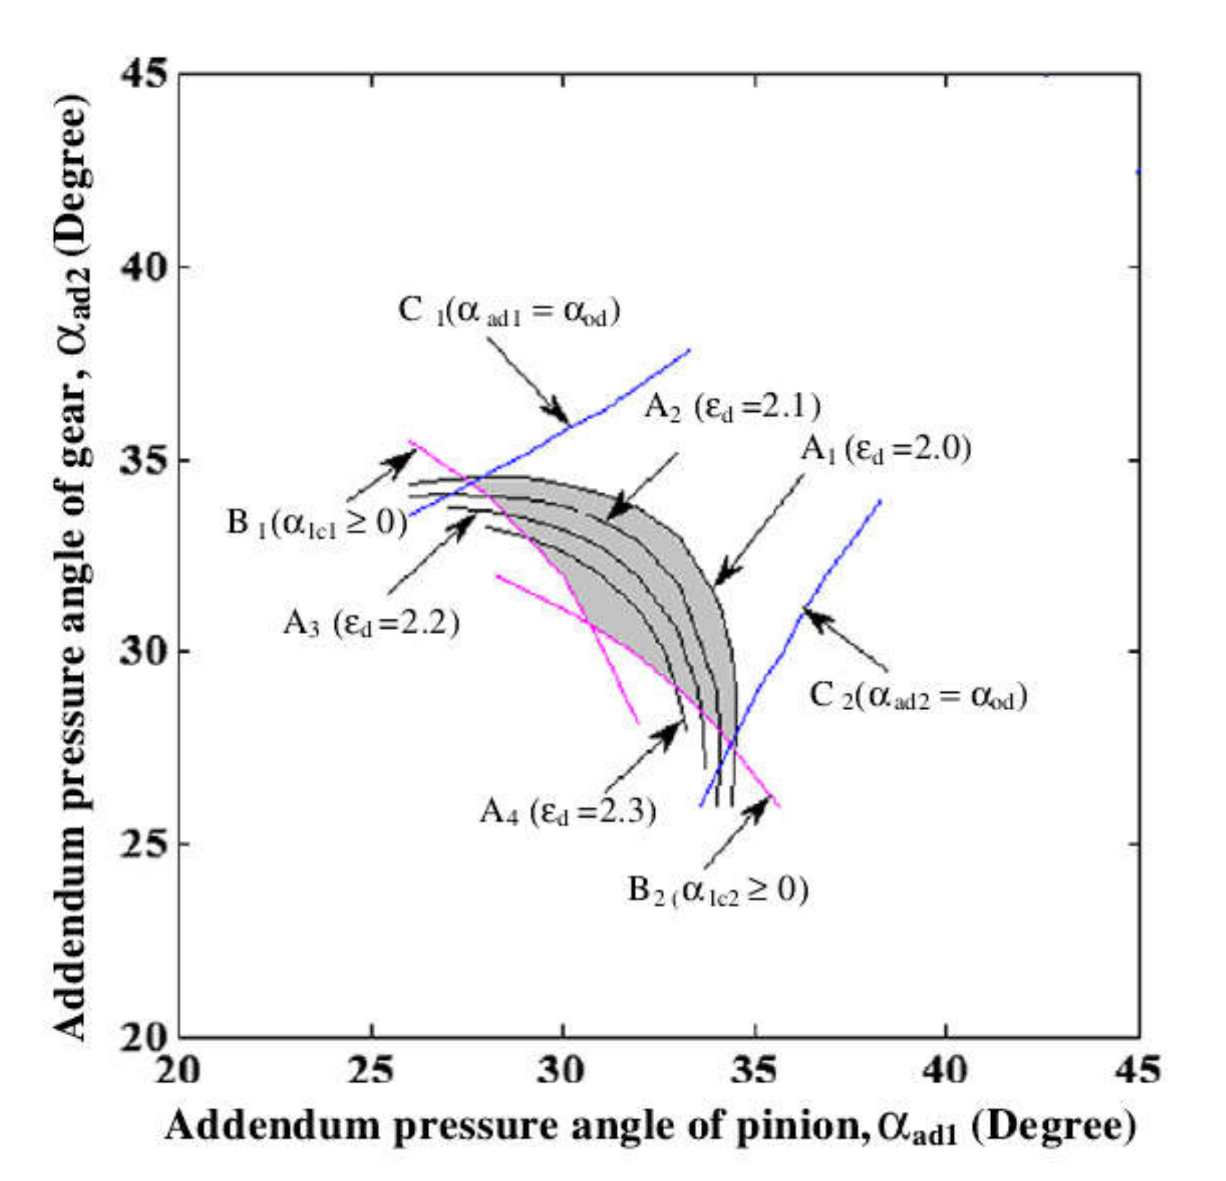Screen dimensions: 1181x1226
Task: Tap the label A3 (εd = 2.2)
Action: tap(371, 623)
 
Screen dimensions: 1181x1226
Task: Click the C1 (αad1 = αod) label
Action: tap(509, 311)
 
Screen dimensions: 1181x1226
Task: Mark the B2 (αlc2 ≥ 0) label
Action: tap(718, 890)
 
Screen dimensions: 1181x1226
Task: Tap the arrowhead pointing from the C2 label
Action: tap(814, 615)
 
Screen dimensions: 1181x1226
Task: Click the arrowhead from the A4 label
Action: tap(675, 729)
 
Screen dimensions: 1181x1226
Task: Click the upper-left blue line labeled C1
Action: tap(625, 394)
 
